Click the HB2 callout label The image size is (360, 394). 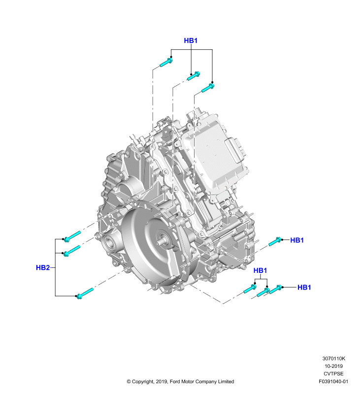pyautogui.click(x=43, y=267)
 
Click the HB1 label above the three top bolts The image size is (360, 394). pyautogui.click(x=191, y=40)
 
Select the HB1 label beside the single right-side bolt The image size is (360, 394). pyautogui.click(x=297, y=240)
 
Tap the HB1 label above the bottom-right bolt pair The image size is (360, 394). pyautogui.click(x=260, y=270)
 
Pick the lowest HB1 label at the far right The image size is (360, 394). pyautogui.click(x=304, y=287)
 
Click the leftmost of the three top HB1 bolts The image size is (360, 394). pyautogui.click(x=166, y=63)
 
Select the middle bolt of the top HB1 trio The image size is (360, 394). pyautogui.click(x=194, y=76)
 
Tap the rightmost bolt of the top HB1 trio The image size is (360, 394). pyautogui.click(x=208, y=88)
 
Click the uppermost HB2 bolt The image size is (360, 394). pyautogui.click(x=72, y=236)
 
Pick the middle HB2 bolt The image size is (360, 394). pyautogui.click(x=72, y=251)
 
